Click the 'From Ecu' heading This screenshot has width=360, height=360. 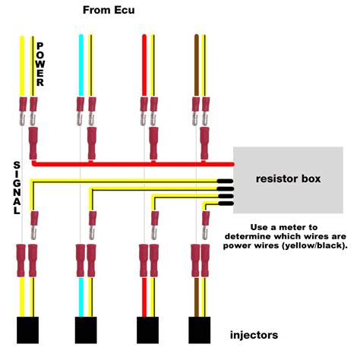pyautogui.click(x=113, y=11)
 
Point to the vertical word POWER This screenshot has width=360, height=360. pyautogui.click(x=40, y=64)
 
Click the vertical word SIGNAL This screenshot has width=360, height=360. pyautogui.click(x=17, y=187)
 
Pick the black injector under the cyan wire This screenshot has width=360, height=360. pyautogui.click(x=87, y=331)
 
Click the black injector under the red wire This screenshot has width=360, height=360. pyautogui.click(x=147, y=331)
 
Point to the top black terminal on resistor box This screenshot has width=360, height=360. pyautogui.click(x=226, y=182)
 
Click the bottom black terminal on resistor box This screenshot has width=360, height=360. pyautogui.click(x=226, y=204)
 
